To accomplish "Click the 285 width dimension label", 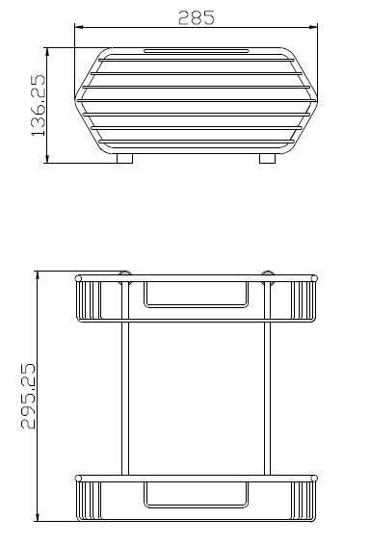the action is coord(197,17).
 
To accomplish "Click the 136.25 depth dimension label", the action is coord(39,105).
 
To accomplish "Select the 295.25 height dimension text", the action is coord(28,397).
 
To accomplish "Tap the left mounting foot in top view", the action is coord(124,159).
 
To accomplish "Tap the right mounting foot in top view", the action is coord(267,159).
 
